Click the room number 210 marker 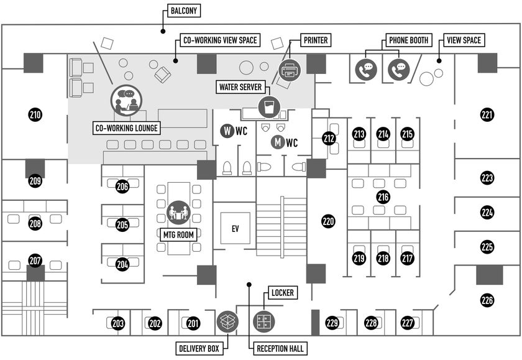click(35, 115)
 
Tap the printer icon click(290, 70)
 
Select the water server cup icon click(269, 107)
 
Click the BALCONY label click(184, 11)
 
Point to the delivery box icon click(227, 321)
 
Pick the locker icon click(264, 321)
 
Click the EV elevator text click(235, 229)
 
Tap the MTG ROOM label click(178, 235)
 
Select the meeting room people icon click(178, 212)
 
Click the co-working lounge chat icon click(126, 100)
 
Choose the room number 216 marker click(383, 197)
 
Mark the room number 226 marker click(487, 300)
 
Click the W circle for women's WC click(227, 131)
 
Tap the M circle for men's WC click(278, 142)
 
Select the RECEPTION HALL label click(280, 349)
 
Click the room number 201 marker click(193, 323)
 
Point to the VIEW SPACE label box click(464, 40)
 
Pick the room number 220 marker click(328, 221)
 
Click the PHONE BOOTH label click(408, 40)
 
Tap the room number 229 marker click(332, 322)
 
